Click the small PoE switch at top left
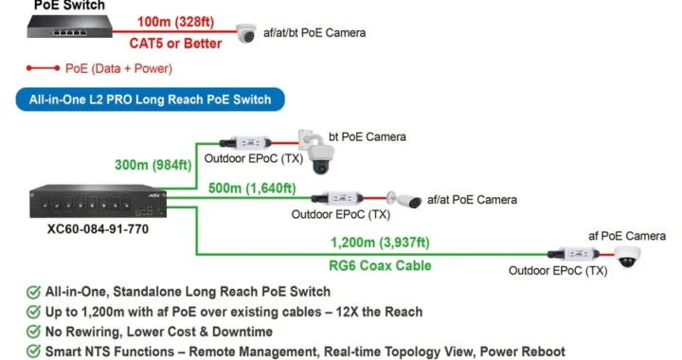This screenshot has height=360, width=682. [x=69, y=27]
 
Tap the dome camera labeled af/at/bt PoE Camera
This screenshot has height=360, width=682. [x=246, y=33]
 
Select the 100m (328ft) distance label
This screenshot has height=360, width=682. [x=176, y=22]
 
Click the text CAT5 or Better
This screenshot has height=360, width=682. [x=176, y=44]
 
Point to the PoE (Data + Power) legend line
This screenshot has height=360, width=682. [x=43, y=68]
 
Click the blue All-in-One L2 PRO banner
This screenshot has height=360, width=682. [x=150, y=99]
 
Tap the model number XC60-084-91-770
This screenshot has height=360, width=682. [x=98, y=229]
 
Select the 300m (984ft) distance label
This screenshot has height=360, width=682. [x=153, y=165]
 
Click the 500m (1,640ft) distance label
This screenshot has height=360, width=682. [x=252, y=189]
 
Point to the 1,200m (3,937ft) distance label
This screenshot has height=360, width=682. [x=380, y=243]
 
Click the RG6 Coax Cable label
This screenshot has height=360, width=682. [x=380, y=265]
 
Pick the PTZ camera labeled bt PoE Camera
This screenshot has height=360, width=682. [x=317, y=153]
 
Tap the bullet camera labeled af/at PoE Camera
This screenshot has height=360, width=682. [x=404, y=200]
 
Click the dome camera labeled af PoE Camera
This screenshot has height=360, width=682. [x=627, y=257]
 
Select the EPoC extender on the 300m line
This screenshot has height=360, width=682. [x=245, y=143]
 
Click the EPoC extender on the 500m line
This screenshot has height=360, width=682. [x=337, y=198]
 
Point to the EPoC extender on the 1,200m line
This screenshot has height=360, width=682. [x=573, y=254]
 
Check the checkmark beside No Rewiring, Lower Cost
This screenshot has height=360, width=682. [x=33, y=332]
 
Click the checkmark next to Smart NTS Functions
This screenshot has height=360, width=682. [x=33, y=351]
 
